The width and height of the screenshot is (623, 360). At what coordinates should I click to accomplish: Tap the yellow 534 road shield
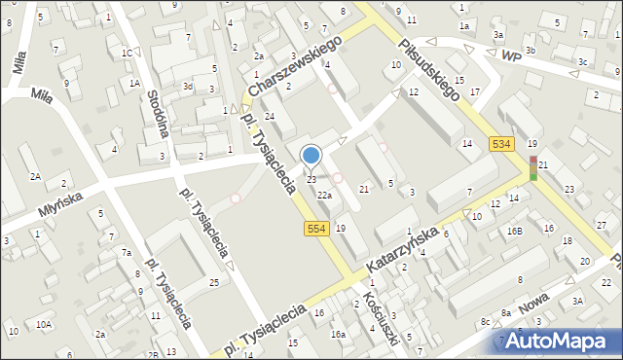(501, 144)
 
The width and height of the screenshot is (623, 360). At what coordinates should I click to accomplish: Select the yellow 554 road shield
(314, 228)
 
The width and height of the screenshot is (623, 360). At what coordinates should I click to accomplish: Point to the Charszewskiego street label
(296, 67)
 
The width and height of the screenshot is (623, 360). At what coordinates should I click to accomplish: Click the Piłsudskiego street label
(428, 69)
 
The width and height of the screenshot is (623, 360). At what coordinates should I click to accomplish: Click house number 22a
(325, 196)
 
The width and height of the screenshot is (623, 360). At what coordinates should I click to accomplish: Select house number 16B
(514, 231)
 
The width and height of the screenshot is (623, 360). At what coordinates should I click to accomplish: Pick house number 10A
(44, 324)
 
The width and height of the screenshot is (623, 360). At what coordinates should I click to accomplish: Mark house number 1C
(128, 53)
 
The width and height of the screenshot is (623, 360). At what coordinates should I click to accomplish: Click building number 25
(214, 282)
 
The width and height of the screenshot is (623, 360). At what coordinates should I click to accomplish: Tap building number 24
(271, 117)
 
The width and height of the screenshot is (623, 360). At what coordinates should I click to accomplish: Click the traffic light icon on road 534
(533, 167)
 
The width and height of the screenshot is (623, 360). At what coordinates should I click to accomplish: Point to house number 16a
(337, 334)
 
